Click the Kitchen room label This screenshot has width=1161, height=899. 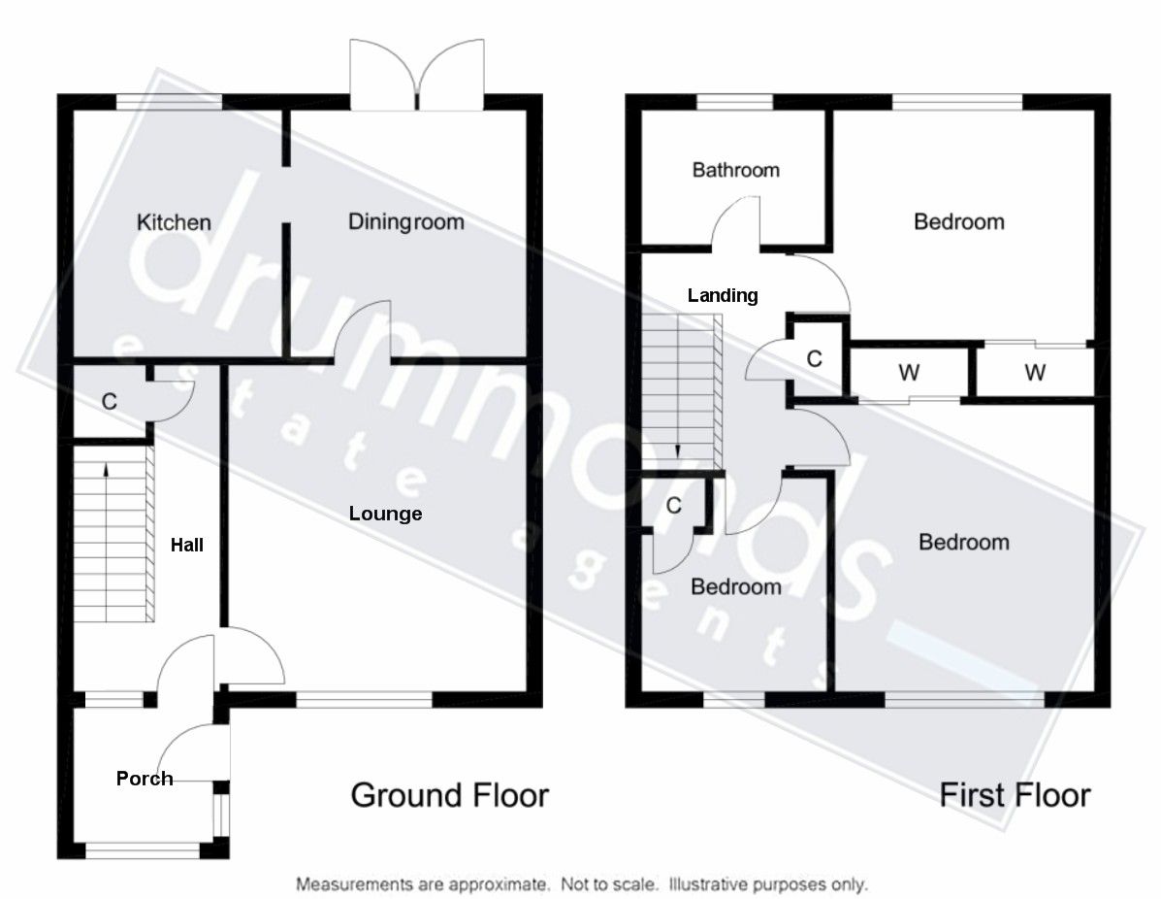click(x=174, y=222)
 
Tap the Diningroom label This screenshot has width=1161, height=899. click(x=405, y=221)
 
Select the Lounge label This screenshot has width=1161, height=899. click(x=385, y=514)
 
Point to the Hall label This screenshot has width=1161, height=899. click(x=187, y=546)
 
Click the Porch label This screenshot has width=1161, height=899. click(x=145, y=778)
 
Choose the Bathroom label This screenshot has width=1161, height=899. click(x=735, y=170)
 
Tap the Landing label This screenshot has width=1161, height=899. click(x=723, y=295)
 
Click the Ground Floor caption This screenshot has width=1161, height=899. click(x=449, y=795)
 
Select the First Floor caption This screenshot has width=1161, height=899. click(x=1015, y=795)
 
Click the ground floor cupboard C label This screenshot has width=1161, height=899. click(x=110, y=401)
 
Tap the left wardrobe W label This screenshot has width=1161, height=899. click(x=909, y=372)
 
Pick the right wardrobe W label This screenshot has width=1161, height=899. click(x=1035, y=372)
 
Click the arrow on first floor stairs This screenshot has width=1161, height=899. click(x=677, y=449)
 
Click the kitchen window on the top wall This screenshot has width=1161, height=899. click(x=169, y=100)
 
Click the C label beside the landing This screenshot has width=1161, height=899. click(x=815, y=359)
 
